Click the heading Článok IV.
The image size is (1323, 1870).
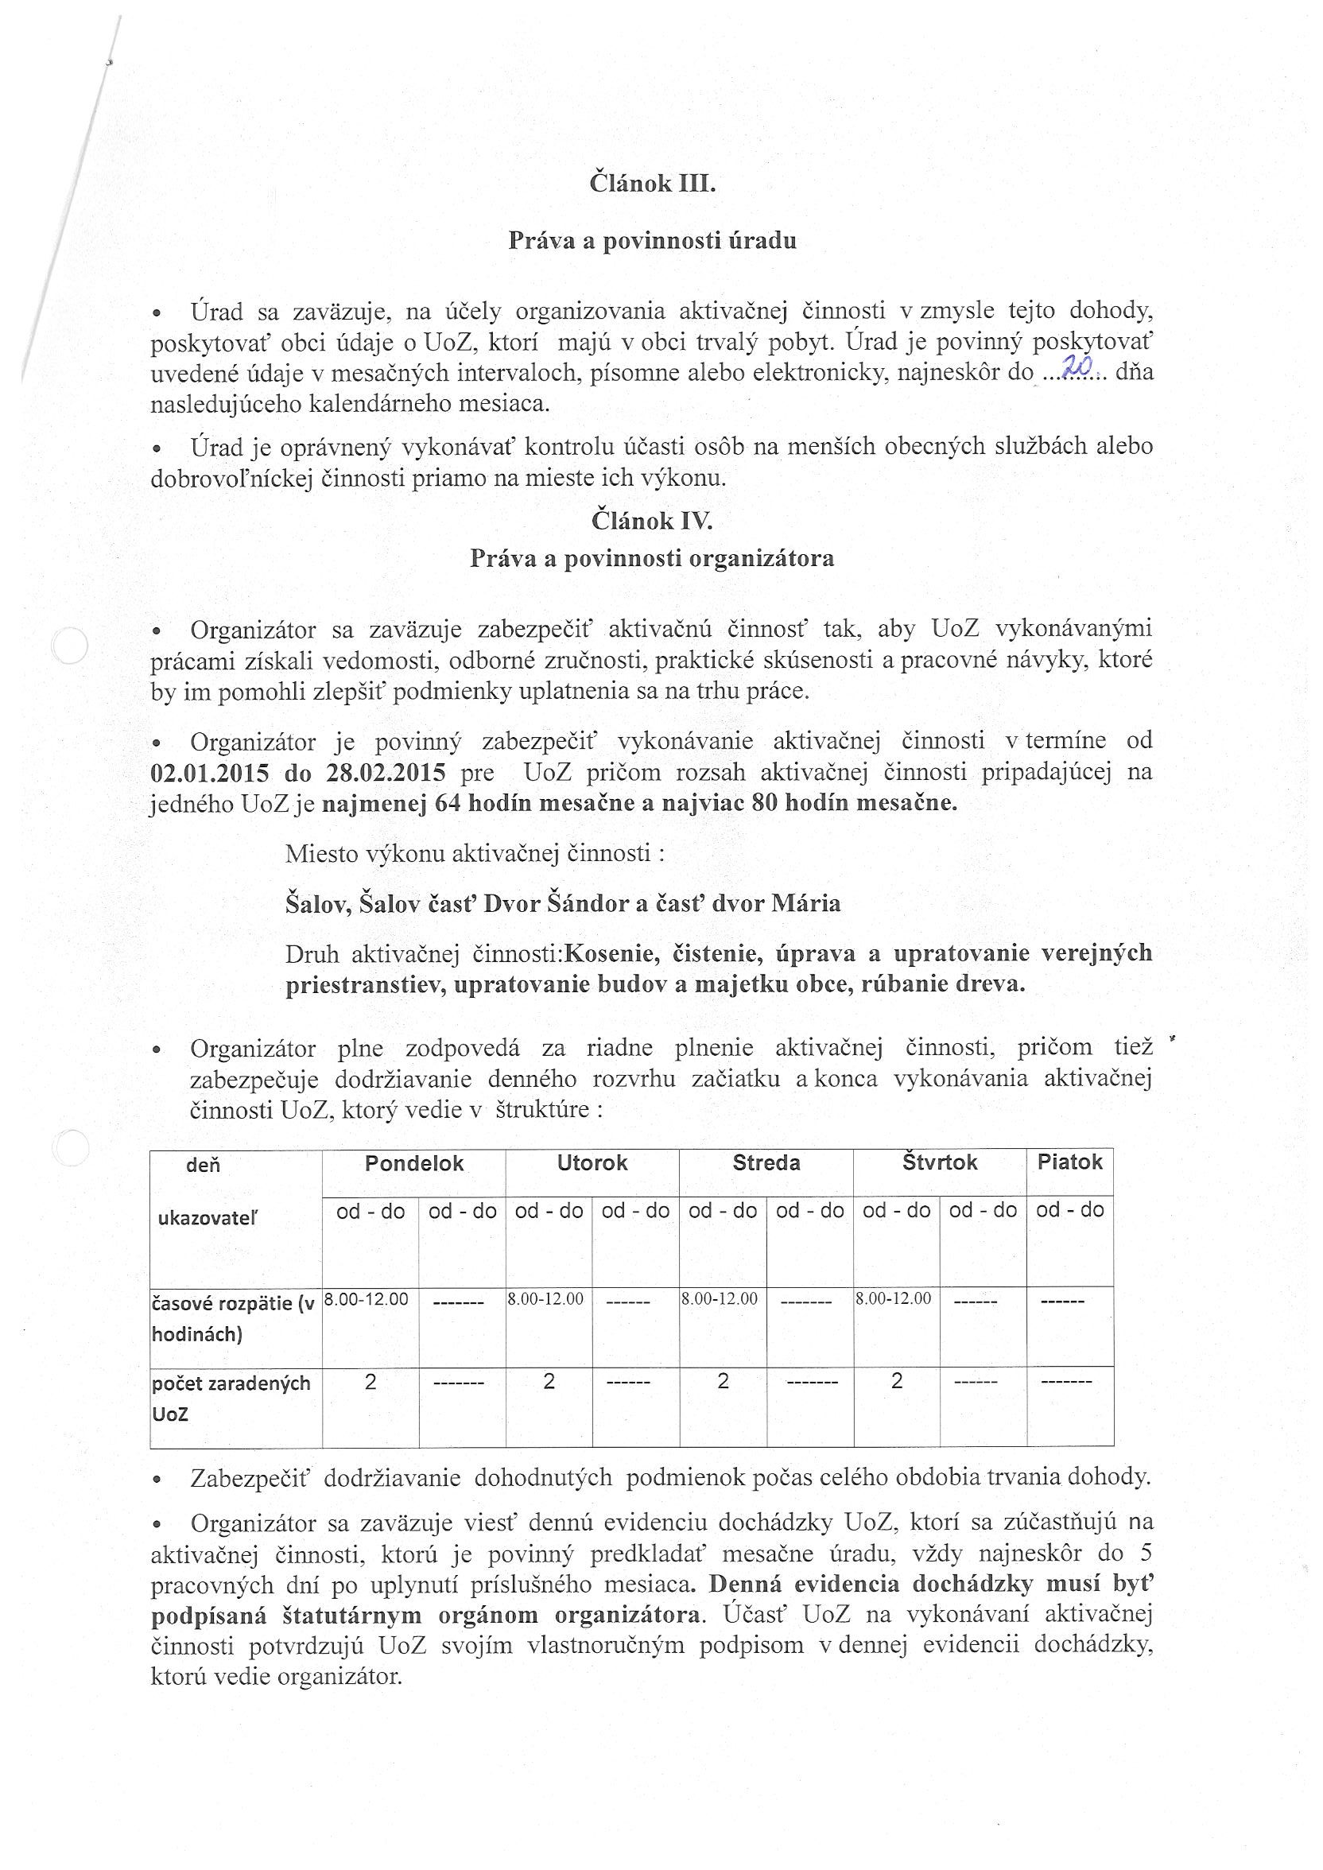(x=652, y=521)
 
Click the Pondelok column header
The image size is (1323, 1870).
(x=414, y=1163)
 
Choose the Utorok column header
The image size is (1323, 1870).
(x=592, y=1163)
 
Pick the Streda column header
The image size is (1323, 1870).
(x=766, y=1163)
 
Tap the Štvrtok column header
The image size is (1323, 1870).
(x=939, y=1163)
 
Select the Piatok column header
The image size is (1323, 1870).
(x=1069, y=1162)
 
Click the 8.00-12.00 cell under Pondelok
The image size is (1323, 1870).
(x=367, y=1300)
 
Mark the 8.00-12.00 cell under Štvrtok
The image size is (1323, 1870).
(x=893, y=1299)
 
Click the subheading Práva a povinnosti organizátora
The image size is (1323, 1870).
(x=652, y=559)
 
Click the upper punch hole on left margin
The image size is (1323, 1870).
(x=69, y=646)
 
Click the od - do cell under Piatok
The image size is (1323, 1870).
(x=1069, y=1210)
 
